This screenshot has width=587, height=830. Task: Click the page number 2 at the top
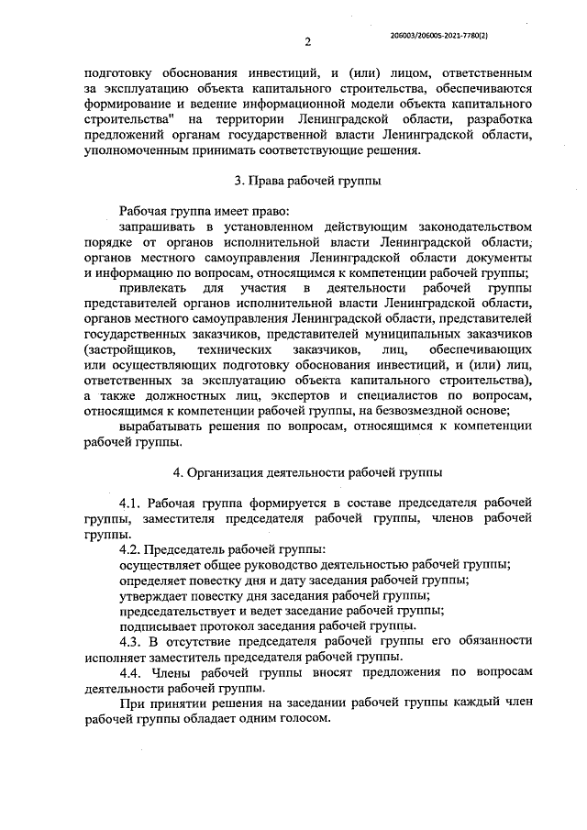pos(308,41)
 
